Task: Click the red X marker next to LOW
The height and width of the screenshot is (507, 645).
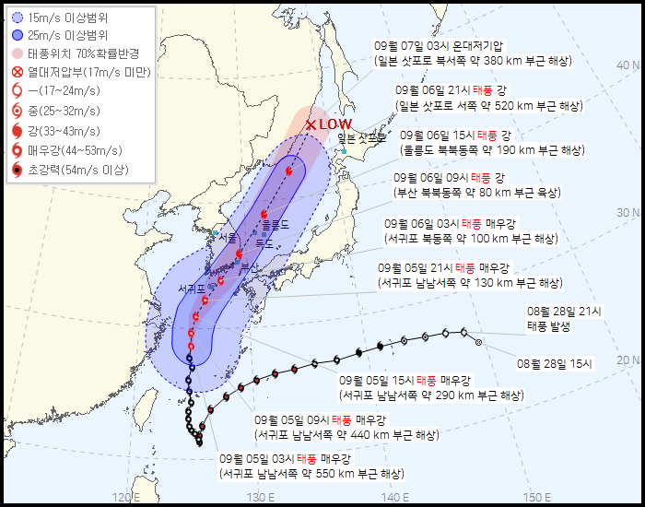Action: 311,124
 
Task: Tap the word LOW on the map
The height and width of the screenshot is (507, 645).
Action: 335,124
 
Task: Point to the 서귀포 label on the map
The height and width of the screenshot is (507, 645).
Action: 192,289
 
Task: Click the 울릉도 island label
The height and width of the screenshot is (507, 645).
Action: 275,224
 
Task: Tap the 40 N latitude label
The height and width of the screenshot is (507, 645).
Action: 629,65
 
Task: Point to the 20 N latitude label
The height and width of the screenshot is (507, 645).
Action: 629,360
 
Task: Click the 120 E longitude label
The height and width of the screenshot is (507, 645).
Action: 126,498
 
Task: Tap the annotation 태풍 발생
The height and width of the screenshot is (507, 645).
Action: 549,326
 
